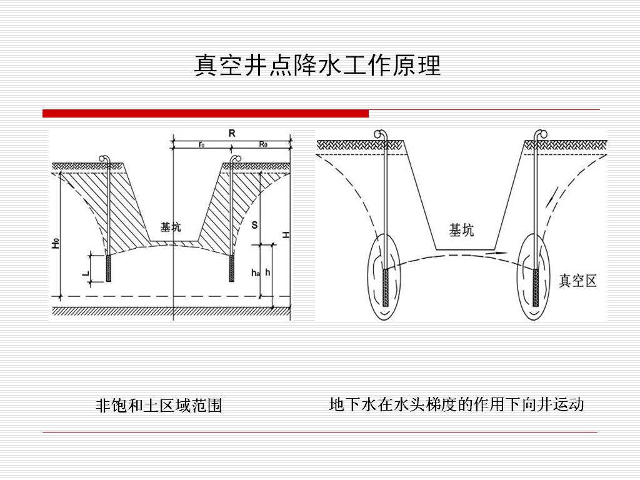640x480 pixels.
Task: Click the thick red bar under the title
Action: coord(206,113)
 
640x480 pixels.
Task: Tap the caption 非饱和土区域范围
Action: coord(159,406)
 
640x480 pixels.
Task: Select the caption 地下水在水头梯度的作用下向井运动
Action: coord(456,404)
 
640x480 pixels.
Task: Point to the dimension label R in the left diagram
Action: coord(232,133)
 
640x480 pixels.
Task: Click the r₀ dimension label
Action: coord(201,144)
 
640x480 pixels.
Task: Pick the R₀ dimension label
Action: coord(263,144)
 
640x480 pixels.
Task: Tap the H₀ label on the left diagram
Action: coord(56,243)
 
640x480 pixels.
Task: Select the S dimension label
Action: coord(254,225)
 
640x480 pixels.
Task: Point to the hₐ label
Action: coord(254,272)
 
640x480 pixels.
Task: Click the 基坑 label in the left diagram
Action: coord(171,227)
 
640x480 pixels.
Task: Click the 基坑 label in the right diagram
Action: coord(461,230)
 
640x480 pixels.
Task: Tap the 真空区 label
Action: coord(577,281)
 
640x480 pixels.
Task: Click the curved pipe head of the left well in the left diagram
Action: coord(105,159)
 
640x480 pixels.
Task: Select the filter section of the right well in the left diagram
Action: coord(232,267)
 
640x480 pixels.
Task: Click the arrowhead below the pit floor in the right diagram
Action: coord(498,252)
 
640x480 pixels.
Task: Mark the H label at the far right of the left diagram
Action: coord(285,234)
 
